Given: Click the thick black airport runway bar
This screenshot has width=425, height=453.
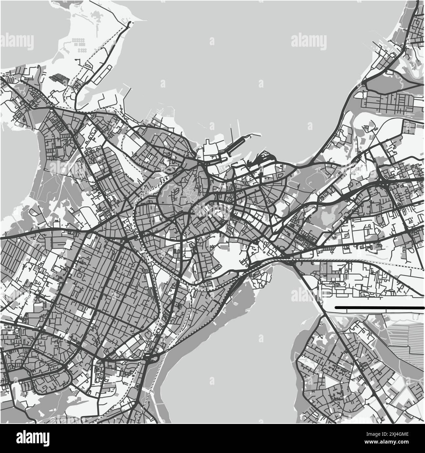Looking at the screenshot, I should (379, 308).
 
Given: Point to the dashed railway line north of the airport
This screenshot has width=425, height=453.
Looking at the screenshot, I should (360, 261).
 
